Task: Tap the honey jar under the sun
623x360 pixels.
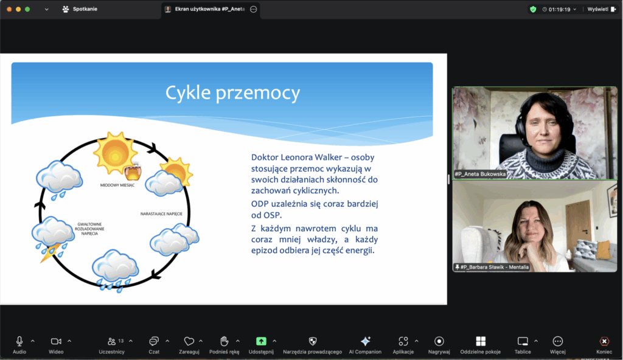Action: pos(133,171)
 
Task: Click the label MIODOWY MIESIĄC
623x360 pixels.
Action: pos(117,185)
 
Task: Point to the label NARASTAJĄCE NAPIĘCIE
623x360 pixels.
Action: pos(161,214)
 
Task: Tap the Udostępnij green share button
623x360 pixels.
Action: pos(261,341)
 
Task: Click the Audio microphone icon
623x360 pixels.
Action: pos(19,341)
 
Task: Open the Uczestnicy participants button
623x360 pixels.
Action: pos(112,341)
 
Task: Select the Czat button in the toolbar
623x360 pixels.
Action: pos(154,341)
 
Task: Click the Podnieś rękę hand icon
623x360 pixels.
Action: pos(224,341)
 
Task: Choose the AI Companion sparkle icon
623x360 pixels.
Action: pos(365,341)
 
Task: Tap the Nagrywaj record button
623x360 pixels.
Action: pos(439,341)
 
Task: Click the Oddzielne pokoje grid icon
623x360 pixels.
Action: pos(481,341)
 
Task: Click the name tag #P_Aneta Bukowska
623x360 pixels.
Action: pos(480,174)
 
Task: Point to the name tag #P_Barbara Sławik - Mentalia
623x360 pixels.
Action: pos(492,267)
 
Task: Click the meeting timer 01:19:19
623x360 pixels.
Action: pos(560,9)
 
